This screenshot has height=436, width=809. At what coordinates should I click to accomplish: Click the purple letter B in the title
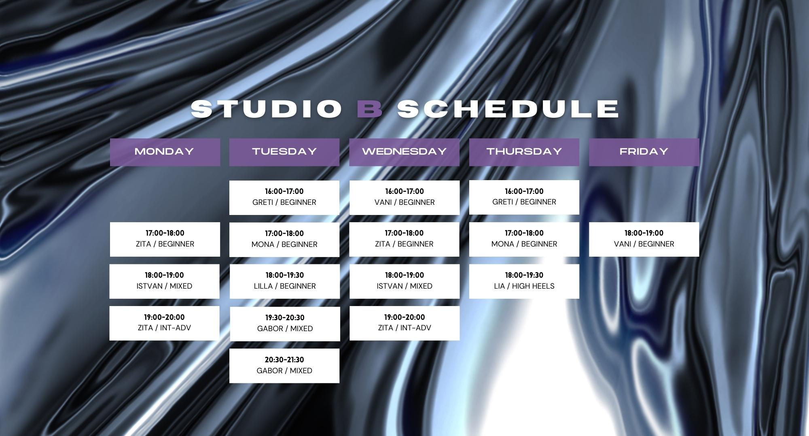pos(370,108)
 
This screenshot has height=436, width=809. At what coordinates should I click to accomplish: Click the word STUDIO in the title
pos(267,108)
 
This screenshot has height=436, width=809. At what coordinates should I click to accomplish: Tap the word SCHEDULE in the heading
pos(508,108)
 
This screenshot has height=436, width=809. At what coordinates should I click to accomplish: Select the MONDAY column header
pos(165,152)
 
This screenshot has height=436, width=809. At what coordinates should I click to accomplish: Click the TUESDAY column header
pos(284,152)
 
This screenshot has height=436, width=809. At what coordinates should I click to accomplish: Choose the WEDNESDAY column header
pos(404,152)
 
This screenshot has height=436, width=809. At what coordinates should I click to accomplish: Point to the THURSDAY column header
pos(524,152)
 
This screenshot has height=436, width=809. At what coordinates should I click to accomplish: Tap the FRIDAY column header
pos(644,152)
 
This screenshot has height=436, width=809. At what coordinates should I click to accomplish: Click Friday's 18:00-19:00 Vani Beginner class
pos(644,239)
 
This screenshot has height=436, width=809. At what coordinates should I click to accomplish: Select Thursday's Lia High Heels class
pos(524,281)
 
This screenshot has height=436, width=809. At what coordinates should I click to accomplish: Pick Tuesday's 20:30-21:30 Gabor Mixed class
pos(284,365)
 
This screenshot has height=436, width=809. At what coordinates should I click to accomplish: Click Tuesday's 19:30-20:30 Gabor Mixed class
pos(285,323)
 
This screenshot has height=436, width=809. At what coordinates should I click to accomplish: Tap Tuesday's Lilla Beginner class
pos(284,281)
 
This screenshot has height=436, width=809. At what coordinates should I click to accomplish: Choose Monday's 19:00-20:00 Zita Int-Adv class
pos(164,323)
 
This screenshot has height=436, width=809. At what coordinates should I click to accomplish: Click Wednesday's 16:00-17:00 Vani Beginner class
pos(404,197)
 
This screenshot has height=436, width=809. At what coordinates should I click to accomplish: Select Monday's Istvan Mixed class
pos(164,281)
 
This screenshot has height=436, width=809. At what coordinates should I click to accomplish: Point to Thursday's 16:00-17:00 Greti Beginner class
pos(524,197)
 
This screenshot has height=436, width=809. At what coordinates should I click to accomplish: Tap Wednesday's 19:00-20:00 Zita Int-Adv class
pos(404,323)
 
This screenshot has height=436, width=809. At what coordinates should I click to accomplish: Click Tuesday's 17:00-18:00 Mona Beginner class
pos(284,239)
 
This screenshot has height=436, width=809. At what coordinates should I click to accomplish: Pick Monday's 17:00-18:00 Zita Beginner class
pos(165,239)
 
